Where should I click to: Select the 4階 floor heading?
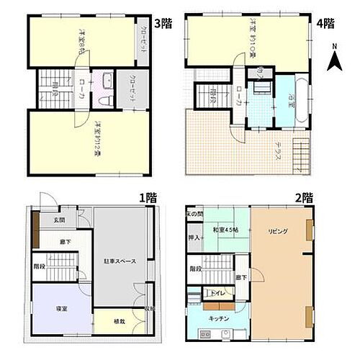(325, 23)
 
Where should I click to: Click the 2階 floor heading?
(304, 196)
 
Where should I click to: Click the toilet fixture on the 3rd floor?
(107, 99)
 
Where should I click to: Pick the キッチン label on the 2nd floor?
(220, 318)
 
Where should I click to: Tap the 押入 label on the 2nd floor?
(194, 237)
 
